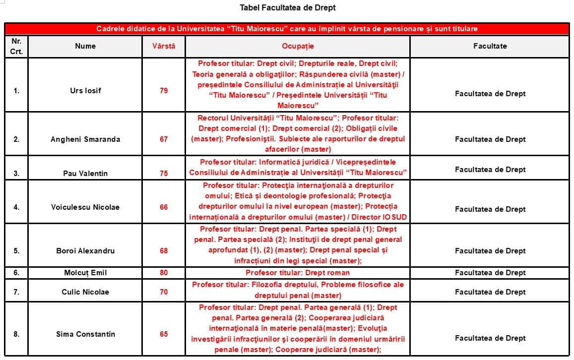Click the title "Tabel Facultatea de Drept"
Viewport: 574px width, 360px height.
click(x=288, y=7)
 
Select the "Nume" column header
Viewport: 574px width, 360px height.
click(x=85, y=46)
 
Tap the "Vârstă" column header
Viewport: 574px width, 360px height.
click(x=164, y=46)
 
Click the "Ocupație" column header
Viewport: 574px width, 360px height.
click(x=298, y=46)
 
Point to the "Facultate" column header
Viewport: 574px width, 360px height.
click(x=490, y=46)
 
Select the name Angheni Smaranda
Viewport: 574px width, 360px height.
click(x=85, y=139)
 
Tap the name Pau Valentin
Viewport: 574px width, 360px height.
click(x=85, y=173)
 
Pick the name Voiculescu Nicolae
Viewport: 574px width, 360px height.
click(x=85, y=207)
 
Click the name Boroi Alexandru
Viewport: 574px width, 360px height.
click(x=85, y=251)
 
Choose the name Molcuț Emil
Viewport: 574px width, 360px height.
click(x=85, y=273)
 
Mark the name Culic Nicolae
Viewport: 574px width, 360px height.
click(x=85, y=292)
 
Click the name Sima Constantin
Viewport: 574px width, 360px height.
click(x=85, y=334)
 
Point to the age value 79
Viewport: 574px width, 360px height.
click(x=164, y=91)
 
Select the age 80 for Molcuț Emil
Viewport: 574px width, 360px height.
click(x=164, y=273)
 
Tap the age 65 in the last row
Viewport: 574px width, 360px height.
click(x=164, y=334)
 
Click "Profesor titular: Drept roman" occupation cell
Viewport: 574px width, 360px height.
click(x=298, y=273)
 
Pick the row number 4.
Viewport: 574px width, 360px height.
click(x=16, y=207)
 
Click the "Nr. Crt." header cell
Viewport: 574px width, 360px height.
click(x=16, y=46)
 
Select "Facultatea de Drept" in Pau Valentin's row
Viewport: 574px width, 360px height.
click(x=490, y=170)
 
